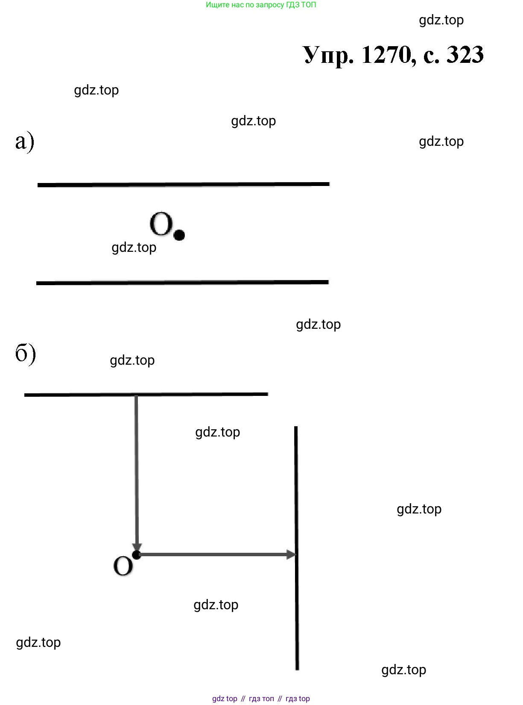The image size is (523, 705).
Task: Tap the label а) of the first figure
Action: pos(24,142)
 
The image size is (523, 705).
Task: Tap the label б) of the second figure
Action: pos(25,354)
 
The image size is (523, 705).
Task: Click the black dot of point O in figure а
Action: pos(180,235)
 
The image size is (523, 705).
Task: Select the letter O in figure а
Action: pos(161,224)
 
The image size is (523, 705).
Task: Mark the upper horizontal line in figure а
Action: pos(184,185)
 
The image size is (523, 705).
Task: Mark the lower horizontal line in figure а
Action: pos(183,283)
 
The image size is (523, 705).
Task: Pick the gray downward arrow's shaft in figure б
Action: pos(136,470)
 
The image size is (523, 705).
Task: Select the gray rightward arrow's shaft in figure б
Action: pos(213,555)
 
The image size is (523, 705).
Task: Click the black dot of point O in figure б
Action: pos(137,555)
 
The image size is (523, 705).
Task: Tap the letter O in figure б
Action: pos(123,566)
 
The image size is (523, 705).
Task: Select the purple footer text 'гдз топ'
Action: pos(261,699)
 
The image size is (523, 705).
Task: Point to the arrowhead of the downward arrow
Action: pos(137,547)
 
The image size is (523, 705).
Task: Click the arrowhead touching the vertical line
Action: pos(291,555)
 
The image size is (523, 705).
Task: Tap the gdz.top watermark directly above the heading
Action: pos(441,20)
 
